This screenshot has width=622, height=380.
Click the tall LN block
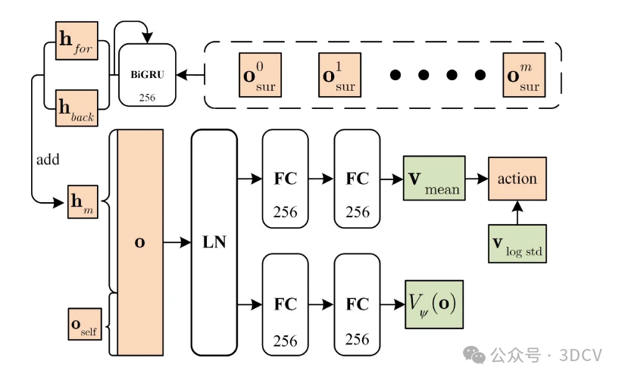click(214, 242)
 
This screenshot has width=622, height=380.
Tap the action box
click(517, 179)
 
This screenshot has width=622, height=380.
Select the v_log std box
click(517, 245)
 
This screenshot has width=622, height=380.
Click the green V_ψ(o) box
click(433, 304)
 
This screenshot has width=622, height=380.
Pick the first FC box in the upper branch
click(286, 179)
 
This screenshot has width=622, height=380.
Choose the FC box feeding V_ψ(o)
click(358, 304)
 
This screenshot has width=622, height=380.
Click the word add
click(48, 160)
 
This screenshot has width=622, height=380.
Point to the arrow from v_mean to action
click(476, 179)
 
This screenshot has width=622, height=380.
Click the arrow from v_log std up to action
click(517, 213)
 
